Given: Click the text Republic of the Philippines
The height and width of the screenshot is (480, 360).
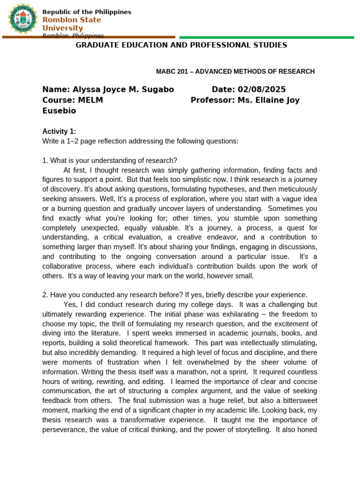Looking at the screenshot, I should click(x=87, y=12).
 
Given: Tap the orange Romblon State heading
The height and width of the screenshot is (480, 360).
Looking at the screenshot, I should click(x=72, y=20).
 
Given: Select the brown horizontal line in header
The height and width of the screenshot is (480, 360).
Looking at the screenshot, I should click(x=89, y=37).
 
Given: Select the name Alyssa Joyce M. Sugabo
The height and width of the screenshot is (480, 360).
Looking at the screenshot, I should click(x=120, y=90).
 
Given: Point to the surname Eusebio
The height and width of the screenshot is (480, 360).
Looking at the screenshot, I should click(x=59, y=111).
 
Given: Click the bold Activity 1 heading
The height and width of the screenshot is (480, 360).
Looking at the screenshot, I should click(x=59, y=131).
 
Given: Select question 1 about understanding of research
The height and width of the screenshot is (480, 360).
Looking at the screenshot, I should click(x=110, y=160).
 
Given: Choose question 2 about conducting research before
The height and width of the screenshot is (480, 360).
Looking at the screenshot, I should click(x=174, y=294).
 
